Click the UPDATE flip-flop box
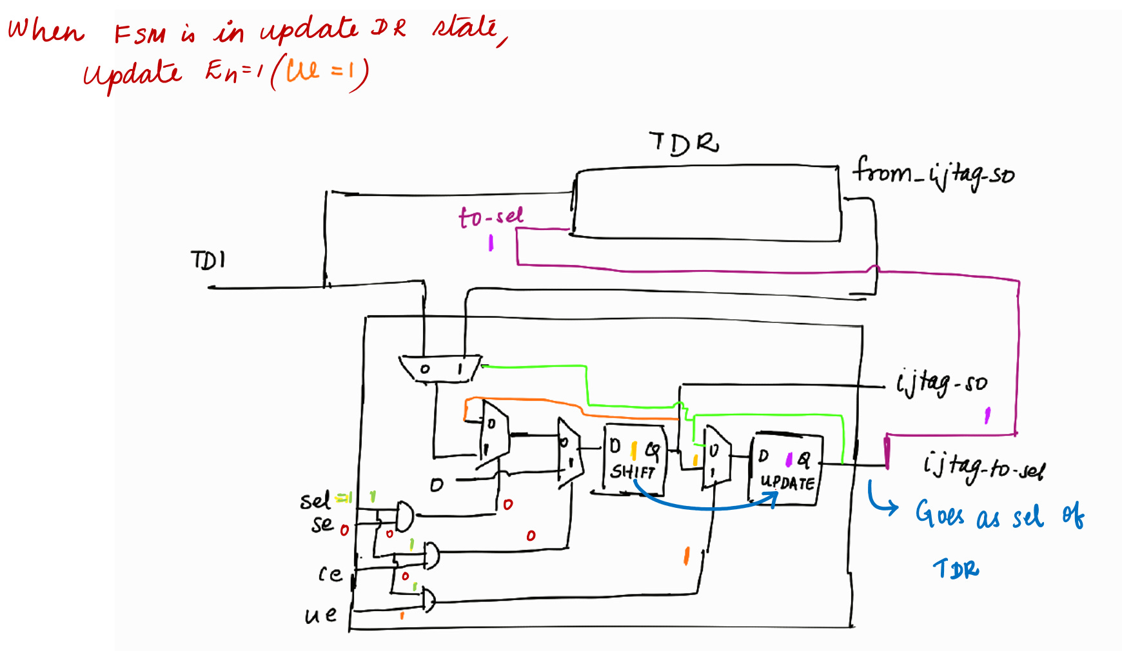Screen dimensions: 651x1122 786,469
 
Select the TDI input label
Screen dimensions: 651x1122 208,260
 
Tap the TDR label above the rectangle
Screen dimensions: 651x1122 684,143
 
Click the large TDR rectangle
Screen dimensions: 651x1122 707,204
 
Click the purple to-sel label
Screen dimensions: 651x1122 491,217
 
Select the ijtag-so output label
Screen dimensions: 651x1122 941,383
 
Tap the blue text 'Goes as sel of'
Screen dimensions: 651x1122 999,516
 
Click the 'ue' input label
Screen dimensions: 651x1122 320,615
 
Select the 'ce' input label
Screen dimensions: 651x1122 330,574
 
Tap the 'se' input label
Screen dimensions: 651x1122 322,524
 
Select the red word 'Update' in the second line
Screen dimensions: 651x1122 132,74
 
